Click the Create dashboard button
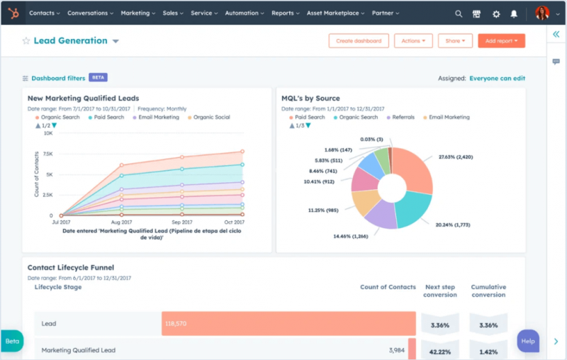click(x=359, y=41)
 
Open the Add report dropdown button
click(x=501, y=41)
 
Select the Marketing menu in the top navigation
click(x=137, y=13)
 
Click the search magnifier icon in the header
click(x=459, y=13)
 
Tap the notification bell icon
click(x=514, y=13)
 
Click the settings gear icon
click(x=495, y=13)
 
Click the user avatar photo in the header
click(x=541, y=13)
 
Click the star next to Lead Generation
click(x=26, y=41)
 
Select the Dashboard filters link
click(x=57, y=78)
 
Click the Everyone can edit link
click(x=507, y=79)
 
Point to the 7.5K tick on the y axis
click(x=47, y=154)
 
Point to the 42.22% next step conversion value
click(x=439, y=350)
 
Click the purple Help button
click(x=528, y=341)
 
